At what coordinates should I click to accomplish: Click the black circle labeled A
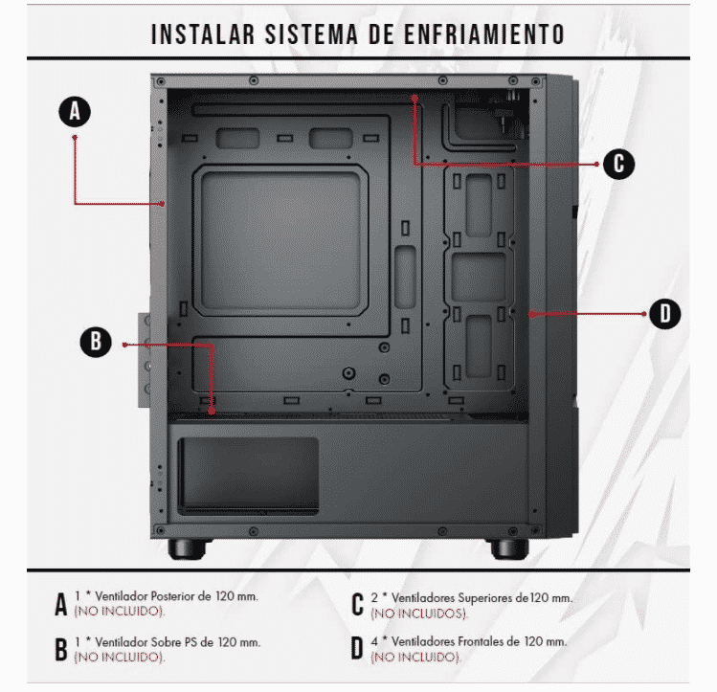pos(75,112)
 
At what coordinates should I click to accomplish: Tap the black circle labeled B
pos(96,342)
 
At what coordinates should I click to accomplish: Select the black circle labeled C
pos(618,164)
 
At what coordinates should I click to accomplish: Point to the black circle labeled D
pos(665,314)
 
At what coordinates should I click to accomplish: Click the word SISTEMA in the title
pos(311,34)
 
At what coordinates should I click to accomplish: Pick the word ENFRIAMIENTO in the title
pos(483,34)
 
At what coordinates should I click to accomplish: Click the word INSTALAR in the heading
pos(203,34)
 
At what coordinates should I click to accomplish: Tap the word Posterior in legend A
pos(175,596)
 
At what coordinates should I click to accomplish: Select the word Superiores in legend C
pos(485,598)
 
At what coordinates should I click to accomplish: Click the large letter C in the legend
pos(358,604)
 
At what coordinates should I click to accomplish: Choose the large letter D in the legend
pos(357,648)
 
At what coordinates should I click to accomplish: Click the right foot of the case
pos(509,548)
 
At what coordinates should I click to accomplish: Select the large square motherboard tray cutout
pos(280,240)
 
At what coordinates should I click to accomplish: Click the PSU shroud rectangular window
pos(248,476)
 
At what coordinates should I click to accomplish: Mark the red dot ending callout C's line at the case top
pos(415,99)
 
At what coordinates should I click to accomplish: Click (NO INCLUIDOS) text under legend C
pos(419,614)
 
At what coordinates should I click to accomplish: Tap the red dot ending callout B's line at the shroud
pos(212,412)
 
